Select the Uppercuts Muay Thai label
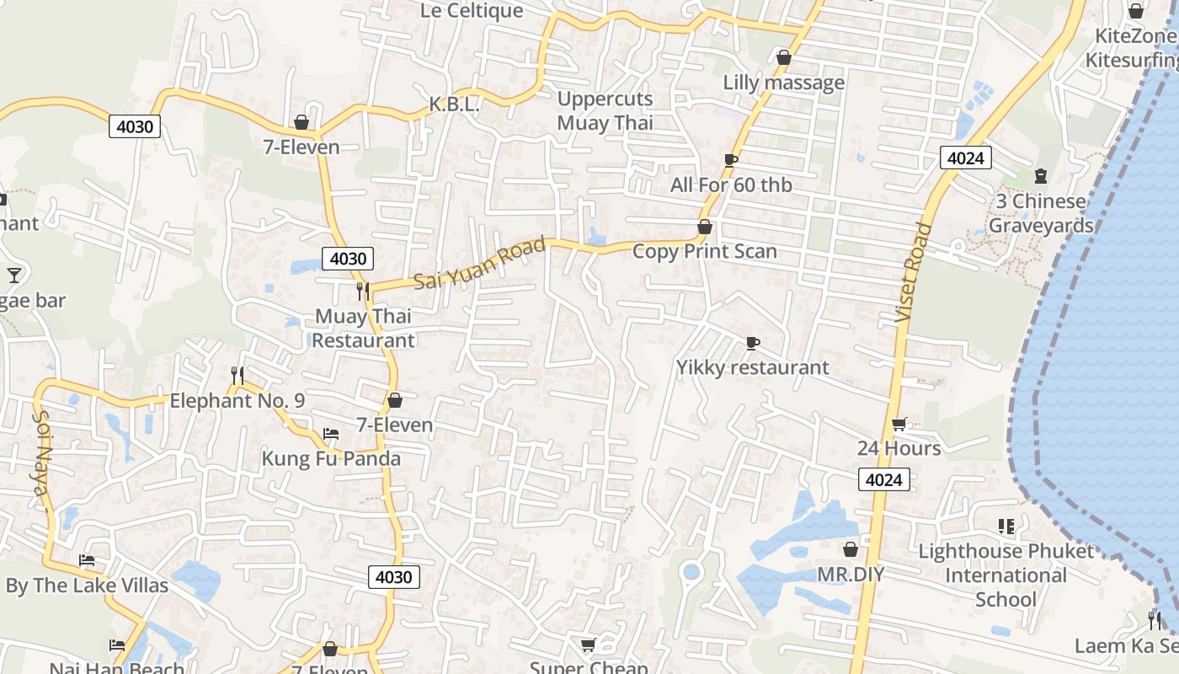click(605, 110)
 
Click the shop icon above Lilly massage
click(783, 58)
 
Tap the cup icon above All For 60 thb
click(730, 160)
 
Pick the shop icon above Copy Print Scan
click(704, 227)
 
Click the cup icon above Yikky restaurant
click(752, 343)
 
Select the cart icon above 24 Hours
click(899, 424)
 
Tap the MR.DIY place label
click(851, 575)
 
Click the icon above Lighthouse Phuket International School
click(1006, 527)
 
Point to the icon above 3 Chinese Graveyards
click(1041, 176)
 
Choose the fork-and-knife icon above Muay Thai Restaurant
click(363, 292)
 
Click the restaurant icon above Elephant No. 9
click(237, 375)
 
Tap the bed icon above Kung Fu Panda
click(331, 435)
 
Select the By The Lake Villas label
click(87, 586)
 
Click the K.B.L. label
click(454, 104)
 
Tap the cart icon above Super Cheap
click(588, 645)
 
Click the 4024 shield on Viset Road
click(968, 158)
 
